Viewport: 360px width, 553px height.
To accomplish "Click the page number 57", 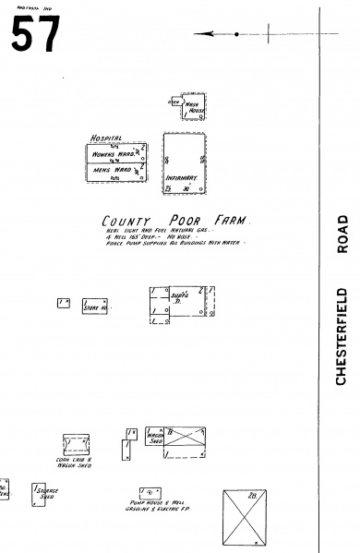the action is pyautogui.click(x=35, y=34).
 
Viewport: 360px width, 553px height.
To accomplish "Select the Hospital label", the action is pyautogui.click(x=105, y=138).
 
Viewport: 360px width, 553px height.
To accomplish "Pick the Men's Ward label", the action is pyautogui.click(x=108, y=170).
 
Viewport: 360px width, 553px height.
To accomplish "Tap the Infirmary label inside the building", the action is pyautogui.click(x=181, y=176).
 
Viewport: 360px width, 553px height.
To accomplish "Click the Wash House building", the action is pyautogui.click(x=195, y=108).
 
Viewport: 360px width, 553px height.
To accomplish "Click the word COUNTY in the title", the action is pyautogui.click(x=126, y=222).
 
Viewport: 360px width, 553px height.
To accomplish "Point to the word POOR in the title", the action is pyautogui.click(x=179, y=221).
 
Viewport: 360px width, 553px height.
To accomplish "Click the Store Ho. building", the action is pyautogui.click(x=96, y=306).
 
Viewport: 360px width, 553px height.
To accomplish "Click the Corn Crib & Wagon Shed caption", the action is pyautogui.click(x=75, y=463).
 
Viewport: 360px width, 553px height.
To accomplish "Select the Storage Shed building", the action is pyautogui.click(x=45, y=494).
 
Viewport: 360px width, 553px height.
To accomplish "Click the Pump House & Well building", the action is pyautogui.click(x=147, y=491).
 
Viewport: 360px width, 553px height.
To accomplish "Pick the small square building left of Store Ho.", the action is pyautogui.click(x=63, y=303).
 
